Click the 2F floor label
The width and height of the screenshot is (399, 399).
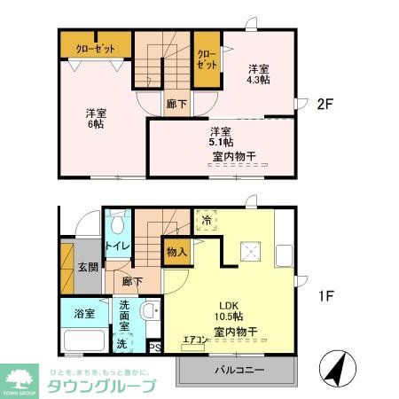(325, 104)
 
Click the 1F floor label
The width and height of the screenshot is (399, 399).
(325, 296)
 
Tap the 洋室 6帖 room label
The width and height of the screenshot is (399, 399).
(95, 119)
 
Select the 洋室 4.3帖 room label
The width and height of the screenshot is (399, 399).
(259, 74)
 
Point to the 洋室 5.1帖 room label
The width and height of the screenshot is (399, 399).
(222, 137)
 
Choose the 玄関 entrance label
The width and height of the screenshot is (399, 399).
(87, 266)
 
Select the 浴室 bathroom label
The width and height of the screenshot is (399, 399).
(73, 312)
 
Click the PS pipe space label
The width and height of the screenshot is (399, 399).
(154, 348)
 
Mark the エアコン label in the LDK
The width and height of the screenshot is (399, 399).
(195, 340)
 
